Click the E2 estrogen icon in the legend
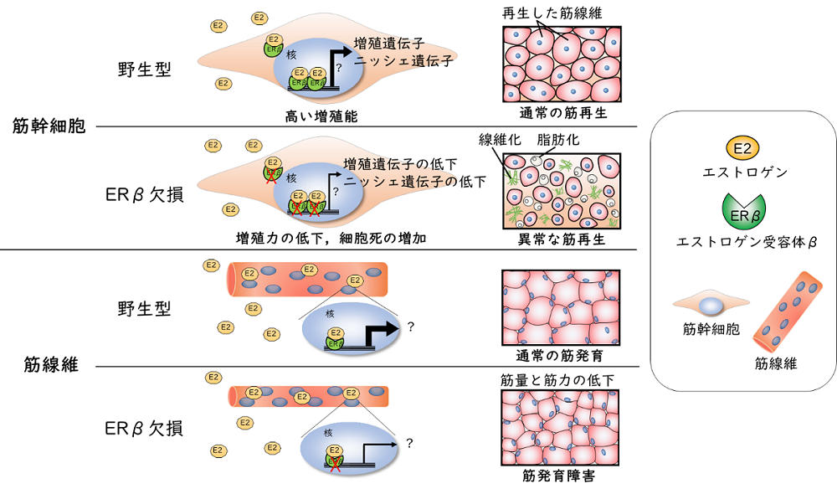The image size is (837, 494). coord(742,150)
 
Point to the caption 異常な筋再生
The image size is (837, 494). coord(562,240)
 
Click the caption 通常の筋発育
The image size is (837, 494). coord(562,352)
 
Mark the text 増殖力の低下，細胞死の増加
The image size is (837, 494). coord(332,239)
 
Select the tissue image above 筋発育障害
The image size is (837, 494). coord(560,429)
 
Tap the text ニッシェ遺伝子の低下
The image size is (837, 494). coord(415,181)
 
